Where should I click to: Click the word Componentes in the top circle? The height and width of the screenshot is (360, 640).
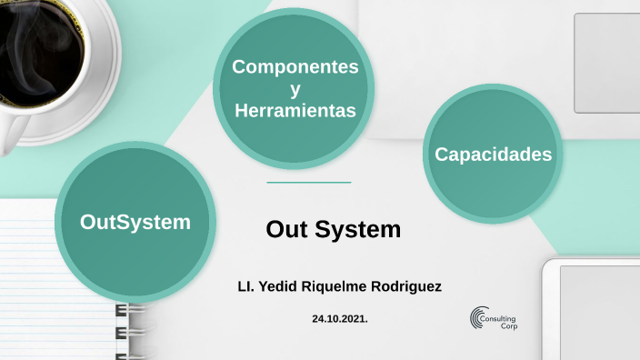pos(295,66)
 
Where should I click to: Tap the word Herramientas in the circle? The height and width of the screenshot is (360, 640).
pos(295,111)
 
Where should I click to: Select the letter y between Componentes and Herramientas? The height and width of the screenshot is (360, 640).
pos(295,89)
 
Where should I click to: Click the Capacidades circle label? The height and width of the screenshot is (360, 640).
pos(493,154)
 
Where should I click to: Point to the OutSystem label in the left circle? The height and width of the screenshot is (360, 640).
pos(135,221)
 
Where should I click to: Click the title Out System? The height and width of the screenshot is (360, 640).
pos(333,229)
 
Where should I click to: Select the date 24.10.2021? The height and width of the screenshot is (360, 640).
pos(339,319)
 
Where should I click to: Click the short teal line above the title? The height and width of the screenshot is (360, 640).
pos(308,183)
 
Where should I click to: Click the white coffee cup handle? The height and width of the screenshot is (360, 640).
pos(11,134)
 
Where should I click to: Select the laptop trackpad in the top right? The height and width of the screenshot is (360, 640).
pos(605,63)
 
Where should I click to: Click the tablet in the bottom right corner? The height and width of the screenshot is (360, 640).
pos(596,309)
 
